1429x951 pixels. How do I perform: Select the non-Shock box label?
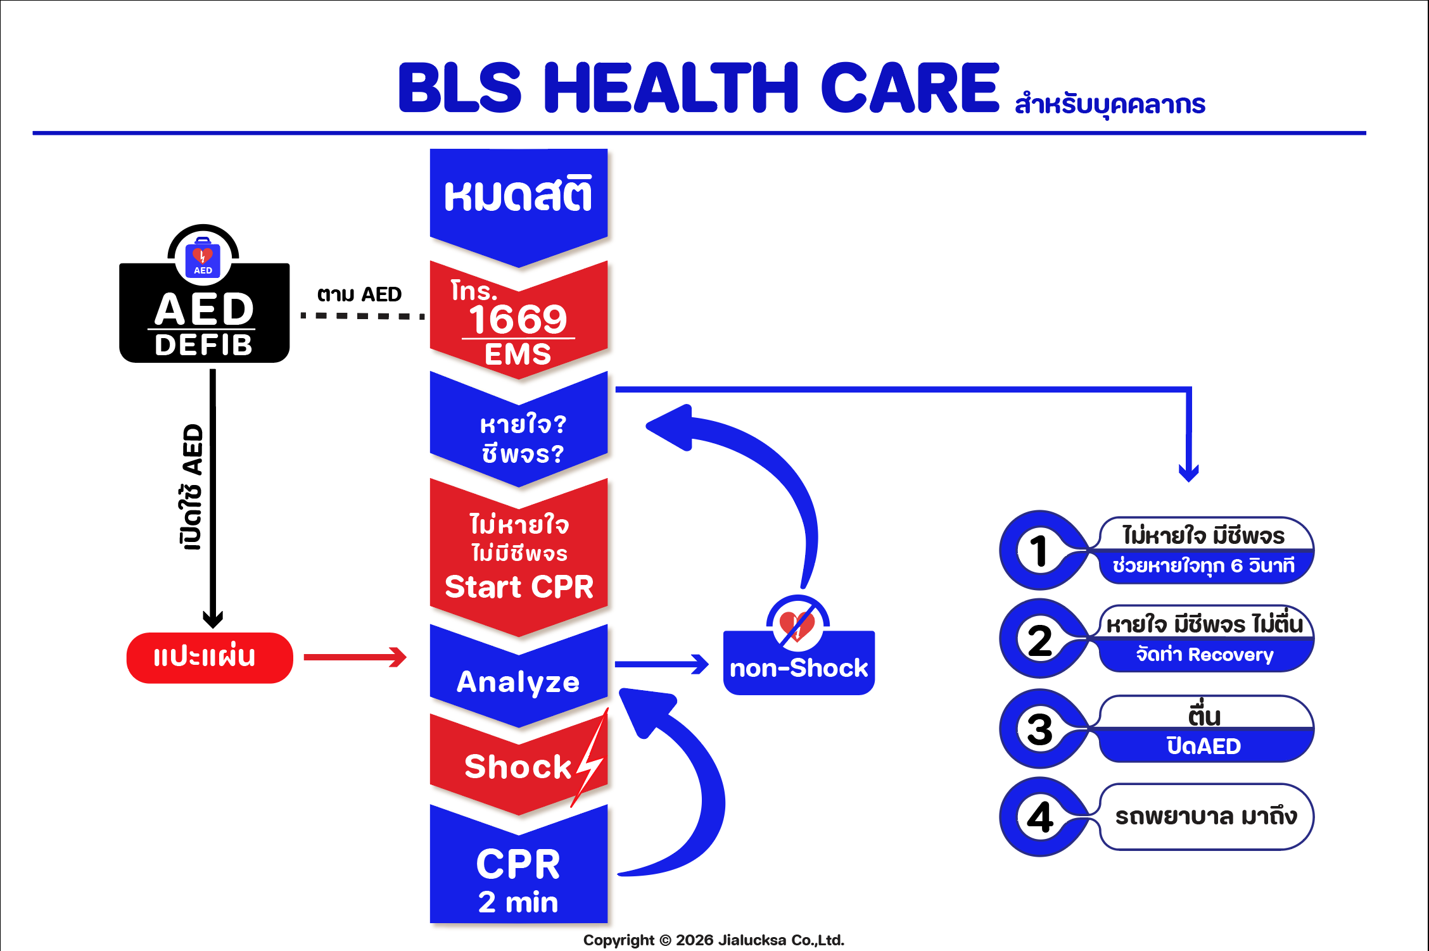(x=798, y=669)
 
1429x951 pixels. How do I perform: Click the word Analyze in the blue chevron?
(x=518, y=682)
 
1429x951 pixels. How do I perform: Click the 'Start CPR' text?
(x=519, y=586)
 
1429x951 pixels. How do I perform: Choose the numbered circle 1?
(x=1038, y=550)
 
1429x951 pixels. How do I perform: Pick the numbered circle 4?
(x=1039, y=817)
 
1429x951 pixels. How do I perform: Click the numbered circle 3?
(x=1039, y=729)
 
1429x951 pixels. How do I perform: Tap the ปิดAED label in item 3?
(x=1204, y=746)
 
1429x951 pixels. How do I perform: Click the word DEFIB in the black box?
(x=204, y=345)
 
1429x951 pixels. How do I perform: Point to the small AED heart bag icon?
(x=203, y=258)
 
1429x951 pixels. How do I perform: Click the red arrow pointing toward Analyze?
(x=355, y=657)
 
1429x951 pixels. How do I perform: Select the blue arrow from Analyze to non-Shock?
(x=661, y=664)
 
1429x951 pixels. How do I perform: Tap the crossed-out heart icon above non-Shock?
(x=797, y=624)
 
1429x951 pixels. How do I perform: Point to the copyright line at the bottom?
(x=713, y=940)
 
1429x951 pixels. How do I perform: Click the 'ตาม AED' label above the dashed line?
(x=359, y=294)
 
